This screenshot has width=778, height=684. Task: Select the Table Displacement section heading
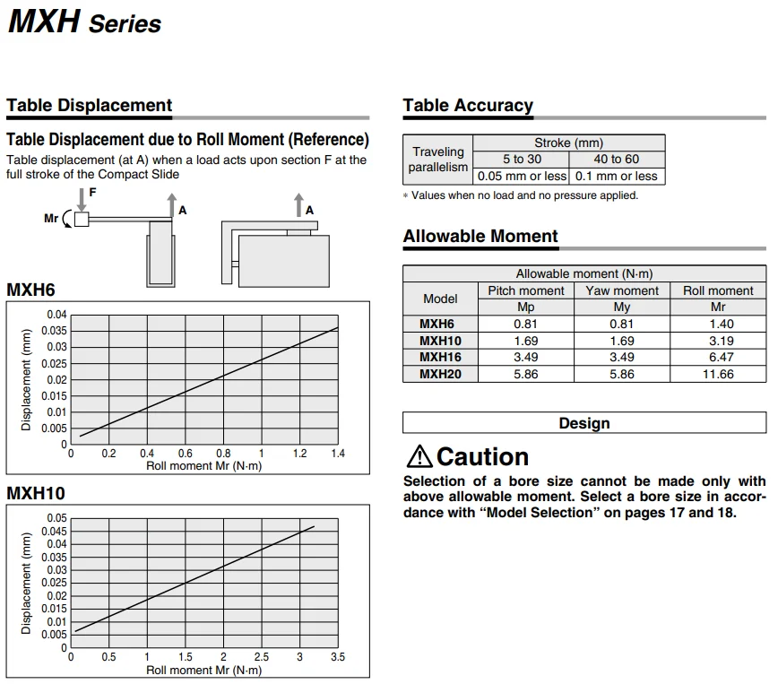click(89, 106)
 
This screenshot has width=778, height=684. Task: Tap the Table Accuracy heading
click(468, 106)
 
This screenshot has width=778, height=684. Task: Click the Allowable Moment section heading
click(480, 237)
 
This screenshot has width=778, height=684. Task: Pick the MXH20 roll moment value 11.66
click(717, 374)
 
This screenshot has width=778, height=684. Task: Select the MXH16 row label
click(440, 357)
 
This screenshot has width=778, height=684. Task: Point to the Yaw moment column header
click(621, 290)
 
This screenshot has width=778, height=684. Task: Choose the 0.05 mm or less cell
click(521, 176)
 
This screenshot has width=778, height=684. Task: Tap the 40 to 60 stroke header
click(617, 159)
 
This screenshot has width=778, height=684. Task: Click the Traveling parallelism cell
click(438, 159)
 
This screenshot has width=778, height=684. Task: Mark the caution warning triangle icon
click(419, 456)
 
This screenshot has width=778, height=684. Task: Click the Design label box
click(583, 423)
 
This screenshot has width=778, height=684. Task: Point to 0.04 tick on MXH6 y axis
click(56, 315)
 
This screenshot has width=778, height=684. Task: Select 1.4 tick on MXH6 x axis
click(337, 454)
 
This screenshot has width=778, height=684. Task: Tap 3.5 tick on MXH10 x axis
click(337, 657)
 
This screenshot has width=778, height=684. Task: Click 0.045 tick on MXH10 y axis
click(55, 531)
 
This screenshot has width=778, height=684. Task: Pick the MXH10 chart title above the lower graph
click(36, 493)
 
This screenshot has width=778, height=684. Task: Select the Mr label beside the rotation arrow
click(51, 218)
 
